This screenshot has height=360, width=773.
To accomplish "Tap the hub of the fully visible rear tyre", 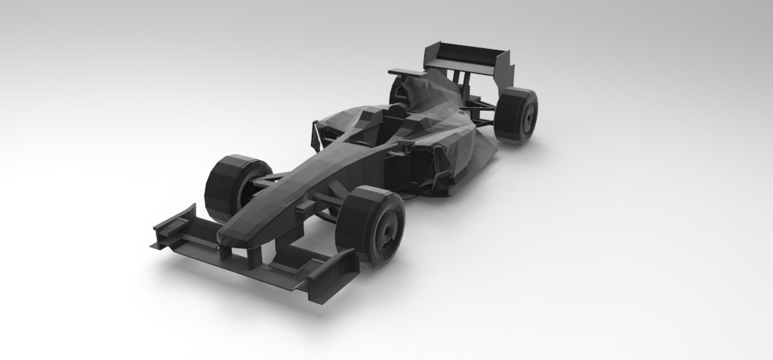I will pos(528,115).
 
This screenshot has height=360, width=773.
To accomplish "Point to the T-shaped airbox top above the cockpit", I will pos(408,72).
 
